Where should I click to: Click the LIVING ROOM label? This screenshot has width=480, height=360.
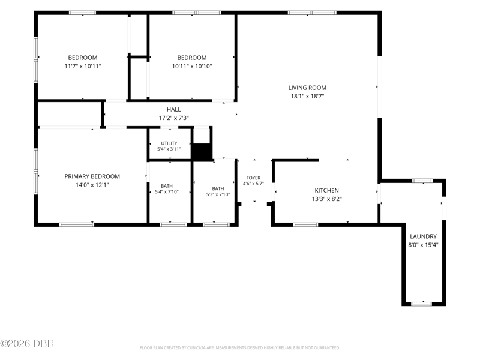pyautogui.click(x=307, y=88)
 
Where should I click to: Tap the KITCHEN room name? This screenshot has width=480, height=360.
pyautogui.click(x=326, y=190)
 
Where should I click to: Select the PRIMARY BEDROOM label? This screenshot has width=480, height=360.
pyautogui.click(x=92, y=176)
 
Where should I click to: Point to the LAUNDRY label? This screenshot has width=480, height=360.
pyautogui.click(x=423, y=236)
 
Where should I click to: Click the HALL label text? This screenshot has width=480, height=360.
pyautogui.click(x=173, y=109)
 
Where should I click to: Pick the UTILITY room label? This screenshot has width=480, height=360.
pyautogui.click(x=169, y=143)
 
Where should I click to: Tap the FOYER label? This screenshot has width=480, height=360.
pyautogui.click(x=253, y=178)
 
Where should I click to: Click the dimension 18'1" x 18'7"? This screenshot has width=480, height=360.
pyautogui.click(x=307, y=96)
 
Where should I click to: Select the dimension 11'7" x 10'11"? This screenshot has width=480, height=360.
pyautogui.click(x=83, y=66)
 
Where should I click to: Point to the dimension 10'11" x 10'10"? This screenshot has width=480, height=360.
pyautogui.click(x=192, y=66)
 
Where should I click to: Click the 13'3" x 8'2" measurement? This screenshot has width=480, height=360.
pyautogui.click(x=326, y=199)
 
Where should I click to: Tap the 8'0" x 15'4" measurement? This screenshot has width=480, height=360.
pyautogui.click(x=423, y=245)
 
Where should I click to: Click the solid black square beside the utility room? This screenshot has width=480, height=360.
pyautogui.click(x=202, y=152)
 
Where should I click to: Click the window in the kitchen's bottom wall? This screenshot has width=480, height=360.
pyautogui.click(x=305, y=224)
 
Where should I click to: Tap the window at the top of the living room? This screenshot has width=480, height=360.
pyautogui.click(x=312, y=13)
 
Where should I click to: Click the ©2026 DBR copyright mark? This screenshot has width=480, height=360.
pyautogui.click(x=27, y=343)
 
